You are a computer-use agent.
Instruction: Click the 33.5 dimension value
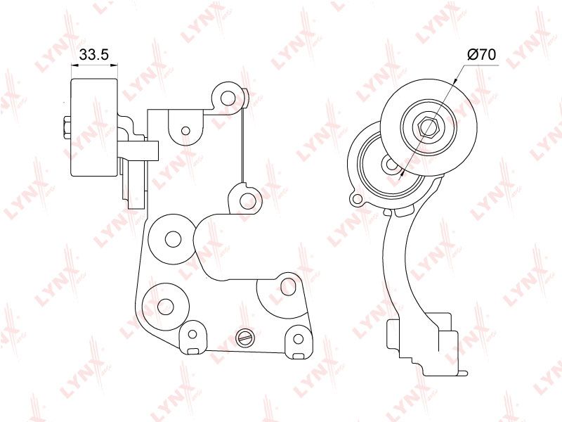[93, 55]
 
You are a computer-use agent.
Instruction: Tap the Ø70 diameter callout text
[481, 55]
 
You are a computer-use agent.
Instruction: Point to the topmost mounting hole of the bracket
[227, 98]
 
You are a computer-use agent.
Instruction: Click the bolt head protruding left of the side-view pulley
[67, 128]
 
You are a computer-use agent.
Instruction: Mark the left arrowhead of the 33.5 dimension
[74, 65]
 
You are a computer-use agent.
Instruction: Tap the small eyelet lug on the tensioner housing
[356, 198]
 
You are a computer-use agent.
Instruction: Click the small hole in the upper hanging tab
[185, 130]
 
